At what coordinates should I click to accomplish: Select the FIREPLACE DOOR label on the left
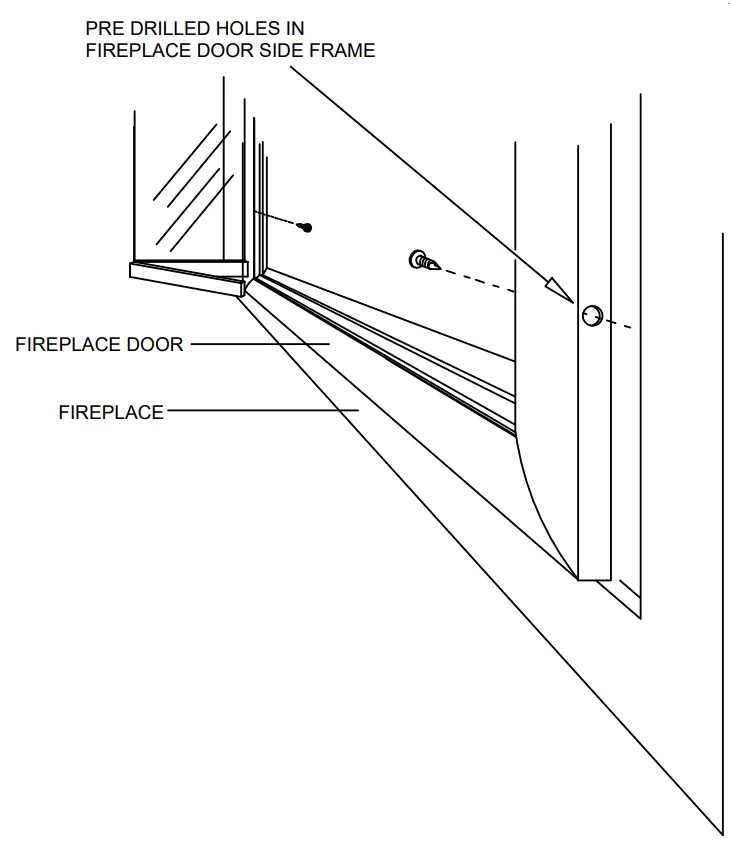pyautogui.click(x=99, y=344)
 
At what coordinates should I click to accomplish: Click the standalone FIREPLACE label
pyautogui.click(x=111, y=411)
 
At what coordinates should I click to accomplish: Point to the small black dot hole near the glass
pyautogui.click(x=307, y=228)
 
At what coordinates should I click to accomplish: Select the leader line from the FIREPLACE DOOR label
pyautogui.click(x=260, y=344)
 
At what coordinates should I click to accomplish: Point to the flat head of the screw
pyautogui.click(x=417, y=260)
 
